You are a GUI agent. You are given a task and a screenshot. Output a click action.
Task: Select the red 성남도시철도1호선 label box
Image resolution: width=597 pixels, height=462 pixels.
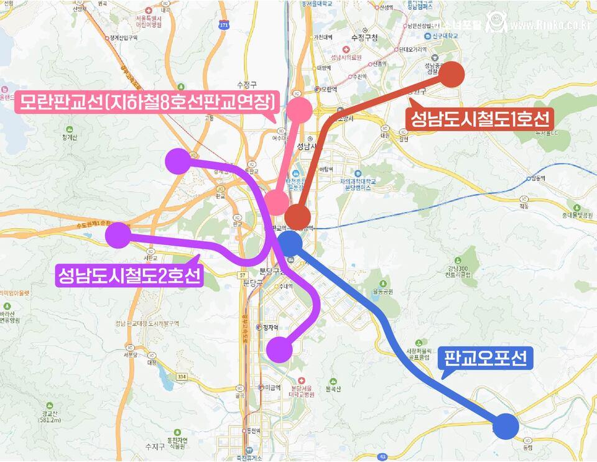[x=478, y=118]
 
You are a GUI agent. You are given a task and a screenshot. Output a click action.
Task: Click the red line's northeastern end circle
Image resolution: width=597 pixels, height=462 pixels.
[x=453, y=74]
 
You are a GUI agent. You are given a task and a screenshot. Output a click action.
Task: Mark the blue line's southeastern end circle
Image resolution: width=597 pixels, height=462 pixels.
[x=506, y=426]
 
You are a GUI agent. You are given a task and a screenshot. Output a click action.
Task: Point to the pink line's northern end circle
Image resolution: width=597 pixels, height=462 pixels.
[x=300, y=109]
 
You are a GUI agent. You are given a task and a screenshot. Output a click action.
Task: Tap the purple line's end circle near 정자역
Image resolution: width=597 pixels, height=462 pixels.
[x=279, y=350]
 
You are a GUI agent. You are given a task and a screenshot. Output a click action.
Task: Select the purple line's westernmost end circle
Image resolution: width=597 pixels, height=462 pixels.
[x=118, y=235]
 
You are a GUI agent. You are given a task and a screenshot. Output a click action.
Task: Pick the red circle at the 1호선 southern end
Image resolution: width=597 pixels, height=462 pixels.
[x=298, y=217]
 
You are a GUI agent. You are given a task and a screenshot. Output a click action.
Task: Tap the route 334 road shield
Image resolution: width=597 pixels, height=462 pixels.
[x=181, y=377]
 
